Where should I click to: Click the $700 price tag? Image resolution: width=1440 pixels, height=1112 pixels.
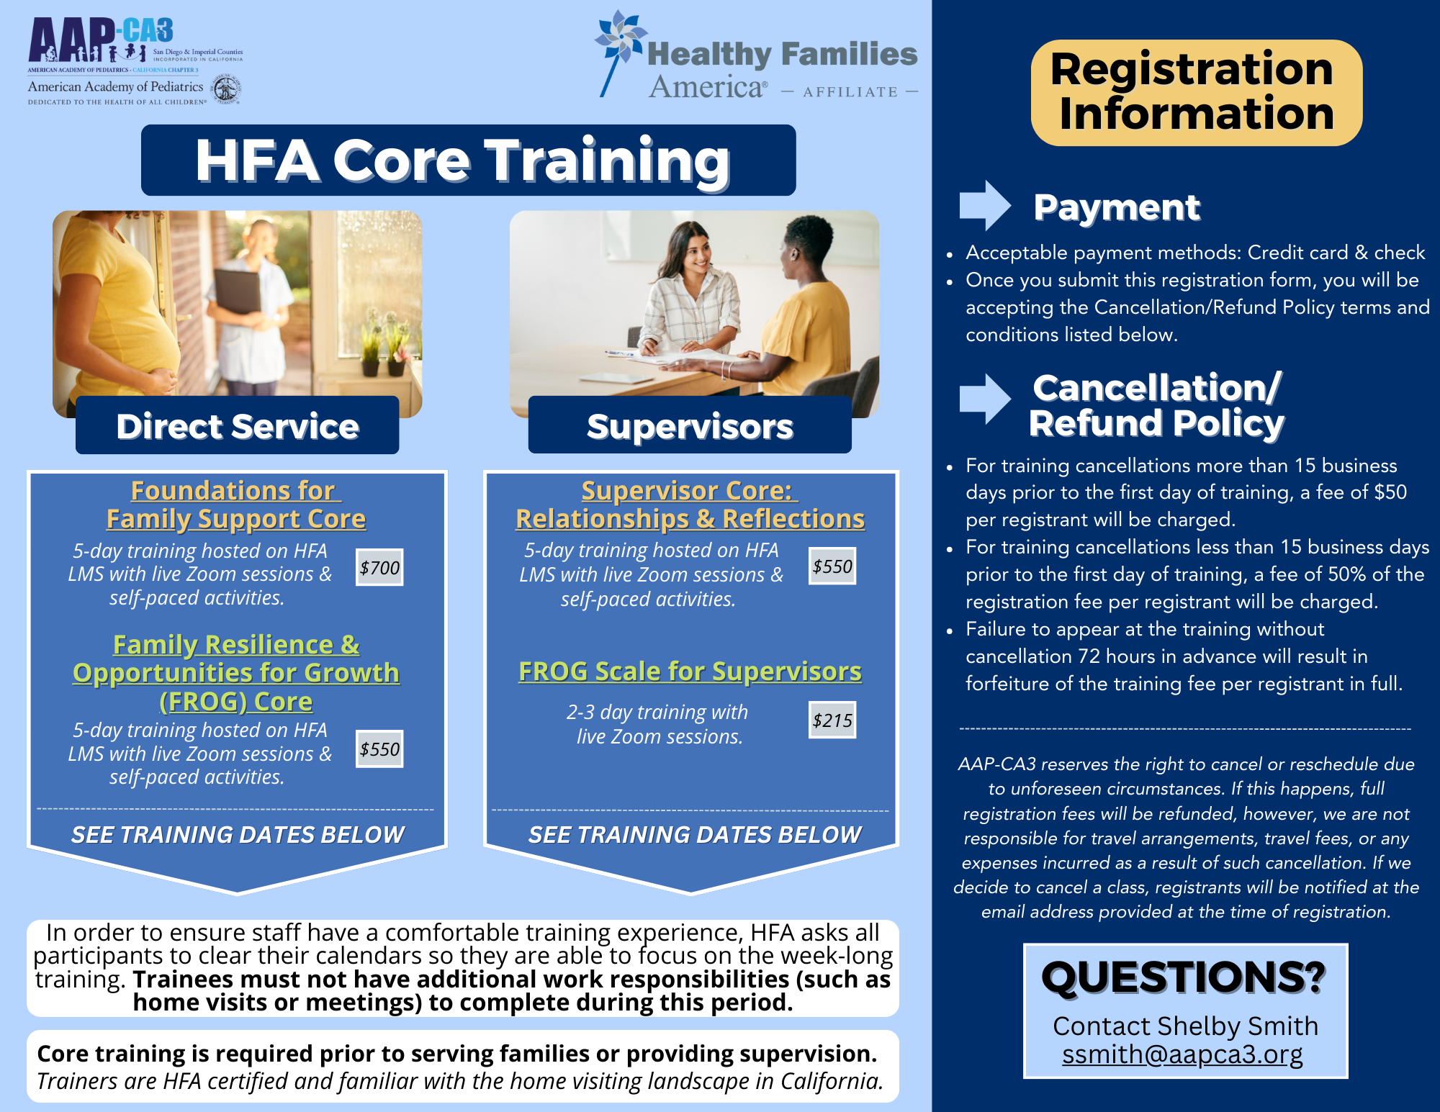pyautogui.click(x=379, y=568)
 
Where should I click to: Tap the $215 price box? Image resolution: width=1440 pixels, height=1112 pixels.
pyautogui.click(x=832, y=720)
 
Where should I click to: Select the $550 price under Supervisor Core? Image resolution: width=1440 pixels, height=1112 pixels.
pyautogui.click(x=832, y=566)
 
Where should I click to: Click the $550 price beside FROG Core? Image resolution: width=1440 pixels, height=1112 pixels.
pyautogui.click(x=379, y=749)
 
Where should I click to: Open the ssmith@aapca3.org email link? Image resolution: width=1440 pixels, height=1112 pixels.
pyautogui.click(x=1182, y=1054)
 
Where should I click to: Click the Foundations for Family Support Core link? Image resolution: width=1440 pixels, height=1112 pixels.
pyautogui.click(x=236, y=505)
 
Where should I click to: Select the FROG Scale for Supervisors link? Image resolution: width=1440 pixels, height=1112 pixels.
pyautogui.click(x=690, y=672)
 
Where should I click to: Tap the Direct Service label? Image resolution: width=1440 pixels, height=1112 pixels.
pyautogui.click(x=238, y=426)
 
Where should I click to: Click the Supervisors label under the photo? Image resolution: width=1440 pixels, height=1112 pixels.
pyautogui.click(x=690, y=426)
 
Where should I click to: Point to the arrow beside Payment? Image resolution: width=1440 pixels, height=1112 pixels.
pyautogui.click(x=984, y=206)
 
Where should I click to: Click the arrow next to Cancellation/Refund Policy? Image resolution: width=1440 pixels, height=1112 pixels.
pyautogui.click(x=984, y=399)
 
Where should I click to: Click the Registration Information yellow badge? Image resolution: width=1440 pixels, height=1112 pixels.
pyautogui.click(x=1196, y=92)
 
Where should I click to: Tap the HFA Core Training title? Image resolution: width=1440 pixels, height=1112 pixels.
pyautogui.click(x=468, y=160)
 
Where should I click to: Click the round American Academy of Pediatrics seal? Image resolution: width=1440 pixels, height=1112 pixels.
pyautogui.click(x=226, y=90)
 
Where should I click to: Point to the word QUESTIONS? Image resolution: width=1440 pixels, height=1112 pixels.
pyautogui.click(x=1184, y=977)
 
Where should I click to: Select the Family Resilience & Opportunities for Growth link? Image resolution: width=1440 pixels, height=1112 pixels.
pyautogui.click(x=236, y=673)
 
